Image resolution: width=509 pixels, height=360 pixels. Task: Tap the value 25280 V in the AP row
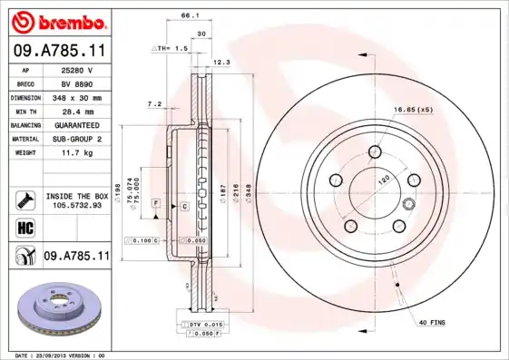click(78, 70)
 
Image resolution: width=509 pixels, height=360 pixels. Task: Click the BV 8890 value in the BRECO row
click(78, 83)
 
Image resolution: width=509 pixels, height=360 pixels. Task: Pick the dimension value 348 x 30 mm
click(78, 97)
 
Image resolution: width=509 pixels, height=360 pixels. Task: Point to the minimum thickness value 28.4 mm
click(78, 111)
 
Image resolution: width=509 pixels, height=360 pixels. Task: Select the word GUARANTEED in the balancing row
click(78, 124)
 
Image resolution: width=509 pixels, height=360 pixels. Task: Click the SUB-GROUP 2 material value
click(78, 139)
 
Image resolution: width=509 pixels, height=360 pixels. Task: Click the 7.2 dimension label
click(154, 104)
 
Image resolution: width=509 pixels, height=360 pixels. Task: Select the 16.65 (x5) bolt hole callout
click(413, 110)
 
